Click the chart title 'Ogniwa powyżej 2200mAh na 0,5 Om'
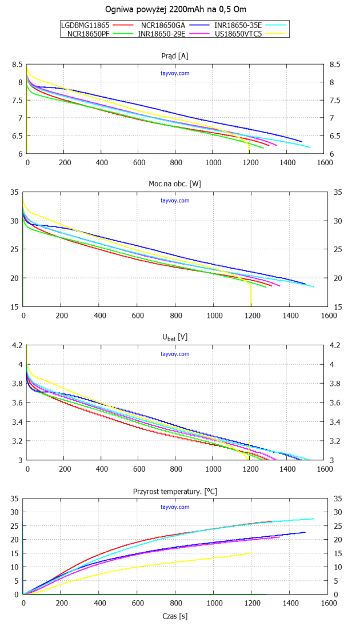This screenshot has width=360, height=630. pyautogui.click(x=177, y=10)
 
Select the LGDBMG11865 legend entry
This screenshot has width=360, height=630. pyautogui.click(x=85, y=25)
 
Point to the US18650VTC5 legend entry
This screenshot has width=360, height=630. pyautogui.click(x=238, y=34)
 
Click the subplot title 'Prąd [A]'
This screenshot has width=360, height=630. pyautogui.click(x=176, y=55)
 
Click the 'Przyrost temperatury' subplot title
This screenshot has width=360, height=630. pyautogui.click(x=176, y=491)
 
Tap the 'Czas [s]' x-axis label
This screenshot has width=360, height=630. pyautogui.click(x=176, y=616)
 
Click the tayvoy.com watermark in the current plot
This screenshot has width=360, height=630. pyautogui.click(x=175, y=73)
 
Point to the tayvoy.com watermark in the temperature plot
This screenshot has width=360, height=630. pyautogui.click(x=175, y=507)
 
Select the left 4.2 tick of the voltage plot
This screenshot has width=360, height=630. pyautogui.click(x=17, y=346)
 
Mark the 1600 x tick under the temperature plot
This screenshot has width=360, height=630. pyautogui.click(x=328, y=604)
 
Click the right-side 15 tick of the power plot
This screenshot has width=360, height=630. pyautogui.click(x=337, y=307)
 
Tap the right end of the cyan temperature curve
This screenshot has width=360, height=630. pyautogui.click(x=314, y=519)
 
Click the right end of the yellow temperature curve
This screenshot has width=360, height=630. pyautogui.click(x=251, y=553)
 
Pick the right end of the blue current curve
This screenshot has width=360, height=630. pyautogui.click(x=302, y=141)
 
